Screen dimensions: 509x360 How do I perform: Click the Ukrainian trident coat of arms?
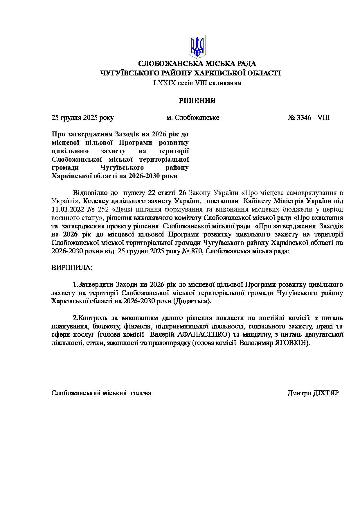[x=197, y=46]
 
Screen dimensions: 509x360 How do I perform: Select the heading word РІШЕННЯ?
[x=197, y=101]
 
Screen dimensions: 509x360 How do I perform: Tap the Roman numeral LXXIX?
[x=165, y=83]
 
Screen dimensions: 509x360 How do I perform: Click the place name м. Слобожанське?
[x=193, y=118]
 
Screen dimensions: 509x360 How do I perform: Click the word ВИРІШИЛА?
[x=71, y=268]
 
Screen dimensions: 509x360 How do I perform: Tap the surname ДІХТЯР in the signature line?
[x=326, y=393]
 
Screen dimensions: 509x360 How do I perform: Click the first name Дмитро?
[x=299, y=393]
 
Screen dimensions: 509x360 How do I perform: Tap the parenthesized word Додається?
[x=192, y=301]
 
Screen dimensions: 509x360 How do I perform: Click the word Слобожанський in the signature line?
[x=76, y=393]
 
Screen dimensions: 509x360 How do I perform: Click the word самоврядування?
[x=311, y=193]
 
